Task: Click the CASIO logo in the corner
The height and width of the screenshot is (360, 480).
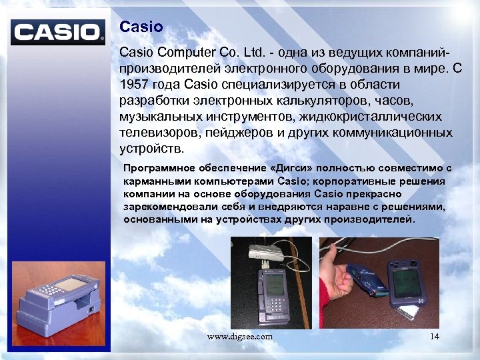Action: click(x=59, y=32)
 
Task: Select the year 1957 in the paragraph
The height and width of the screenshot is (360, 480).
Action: click(x=136, y=85)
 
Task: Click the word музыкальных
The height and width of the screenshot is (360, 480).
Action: click(x=160, y=117)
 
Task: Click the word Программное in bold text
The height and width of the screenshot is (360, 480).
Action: click(x=157, y=169)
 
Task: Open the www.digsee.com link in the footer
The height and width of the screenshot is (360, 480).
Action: click(x=240, y=337)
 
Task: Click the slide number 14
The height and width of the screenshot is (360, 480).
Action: click(x=435, y=337)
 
